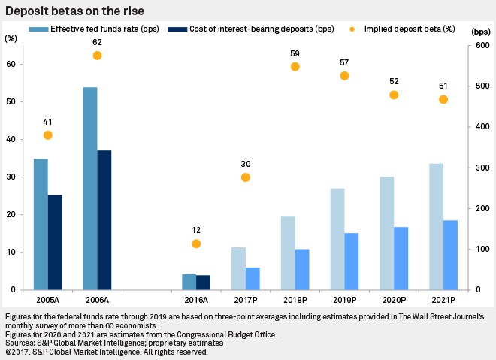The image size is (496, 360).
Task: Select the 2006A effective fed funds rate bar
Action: (x=89, y=188)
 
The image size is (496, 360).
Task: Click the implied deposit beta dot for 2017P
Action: (x=245, y=177)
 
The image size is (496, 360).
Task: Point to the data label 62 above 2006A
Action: (x=97, y=43)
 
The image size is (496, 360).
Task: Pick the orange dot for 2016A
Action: (x=196, y=244)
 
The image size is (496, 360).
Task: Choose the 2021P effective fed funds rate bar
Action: (x=435, y=226)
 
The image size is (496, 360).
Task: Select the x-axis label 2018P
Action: (x=295, y=299)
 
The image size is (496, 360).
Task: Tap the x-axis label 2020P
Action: (x=394, y=299)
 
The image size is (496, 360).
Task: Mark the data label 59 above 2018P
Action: (x=295, y=53)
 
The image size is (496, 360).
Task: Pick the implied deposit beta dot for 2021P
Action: (x=443, y=99)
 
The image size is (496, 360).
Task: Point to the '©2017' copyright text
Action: (x=19, y=351)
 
